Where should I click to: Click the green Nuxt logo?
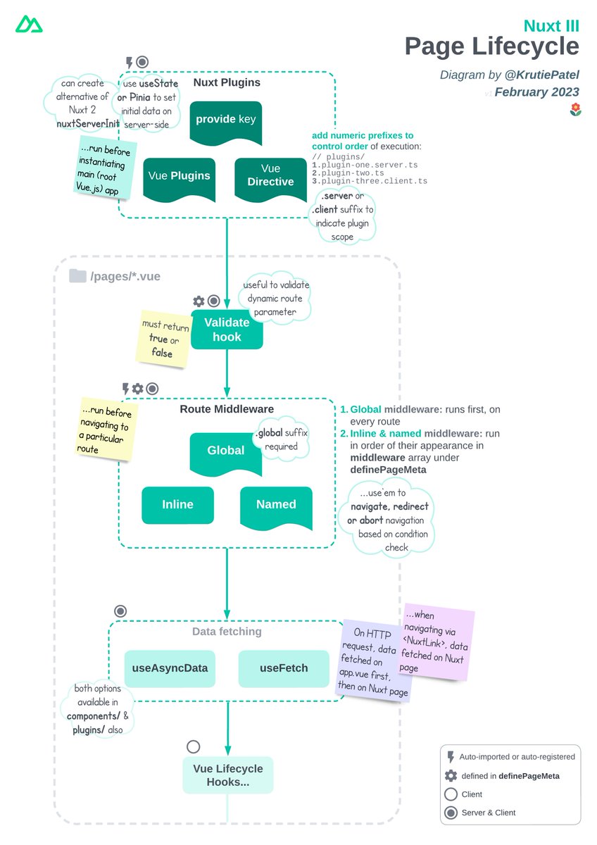pyautogui.click(x=29, y=25)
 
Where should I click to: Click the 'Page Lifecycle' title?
pyautogui.click(x=491, y=46)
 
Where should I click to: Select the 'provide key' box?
pyautogui.click(x=225, y=119)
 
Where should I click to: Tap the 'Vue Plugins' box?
pyautogui.click(x=179, y=175)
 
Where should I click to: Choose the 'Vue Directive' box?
pyautogui.click(x=270, y=175)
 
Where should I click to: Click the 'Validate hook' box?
pyautogui.click(x=227, y=330)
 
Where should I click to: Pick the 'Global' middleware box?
pyautogui.click(x=225, y=451)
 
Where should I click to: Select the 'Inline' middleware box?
pyautogui.click(x=177, y=504)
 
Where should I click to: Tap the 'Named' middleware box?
pyautogui.click(x=276, y=504)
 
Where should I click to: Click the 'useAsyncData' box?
pyautogui.click(x=170, y=668)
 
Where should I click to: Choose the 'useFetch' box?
pyautogui.click(x=284, y=668)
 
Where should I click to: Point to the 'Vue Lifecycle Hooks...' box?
pyautogui.click(x=228, y=775)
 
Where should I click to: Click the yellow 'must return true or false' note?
pyautogui.click(x=163, y=339)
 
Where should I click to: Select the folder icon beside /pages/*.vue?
pyautogui.click(x=77, y=276)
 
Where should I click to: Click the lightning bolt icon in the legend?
pyautogui.click(x=451, y=757)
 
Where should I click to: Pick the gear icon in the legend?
pyautogui.click(x=451, y=775)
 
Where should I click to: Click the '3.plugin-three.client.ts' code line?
pyautogui.click(x=369, y=181)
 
